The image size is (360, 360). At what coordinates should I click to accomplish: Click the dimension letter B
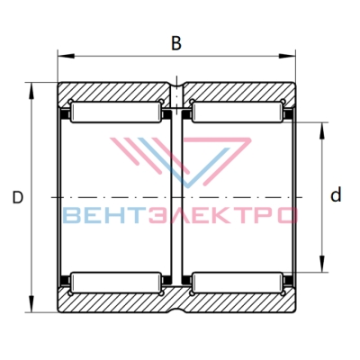tap(176, 43)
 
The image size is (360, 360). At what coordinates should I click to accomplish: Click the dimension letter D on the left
tap(18, 197)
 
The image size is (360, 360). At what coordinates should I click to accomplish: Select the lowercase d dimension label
tap(336, 194)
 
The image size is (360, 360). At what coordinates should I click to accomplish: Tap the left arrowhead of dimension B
tap(66, 56)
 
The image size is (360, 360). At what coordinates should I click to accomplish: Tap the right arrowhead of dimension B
tap(287, 56)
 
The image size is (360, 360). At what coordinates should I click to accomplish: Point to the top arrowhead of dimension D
tap(31, 90)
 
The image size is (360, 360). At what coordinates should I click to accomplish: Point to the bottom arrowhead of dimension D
tap(31, 304)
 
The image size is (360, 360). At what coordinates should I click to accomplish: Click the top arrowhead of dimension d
tap(322, 130)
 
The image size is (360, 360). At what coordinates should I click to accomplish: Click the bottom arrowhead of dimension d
tap(322, 264)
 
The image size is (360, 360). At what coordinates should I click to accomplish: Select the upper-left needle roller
tap(116, 112)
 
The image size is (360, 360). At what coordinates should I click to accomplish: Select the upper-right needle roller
tap(238, 112)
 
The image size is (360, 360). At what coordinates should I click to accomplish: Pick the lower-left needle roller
tap(116, 283)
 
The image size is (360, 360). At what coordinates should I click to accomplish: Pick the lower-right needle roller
tap(238, 283)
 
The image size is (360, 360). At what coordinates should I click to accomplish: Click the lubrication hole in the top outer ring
tap(176, 95)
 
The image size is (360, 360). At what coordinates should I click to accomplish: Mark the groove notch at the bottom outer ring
tap(176, 310)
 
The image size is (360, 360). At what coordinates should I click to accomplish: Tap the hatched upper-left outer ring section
tap(114, 92)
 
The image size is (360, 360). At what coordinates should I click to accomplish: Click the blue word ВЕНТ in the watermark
tap(103, 216)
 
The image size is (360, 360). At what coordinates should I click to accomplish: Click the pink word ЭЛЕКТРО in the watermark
tap(221, 216)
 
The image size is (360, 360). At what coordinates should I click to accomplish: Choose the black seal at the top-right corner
tap(288, 114)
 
